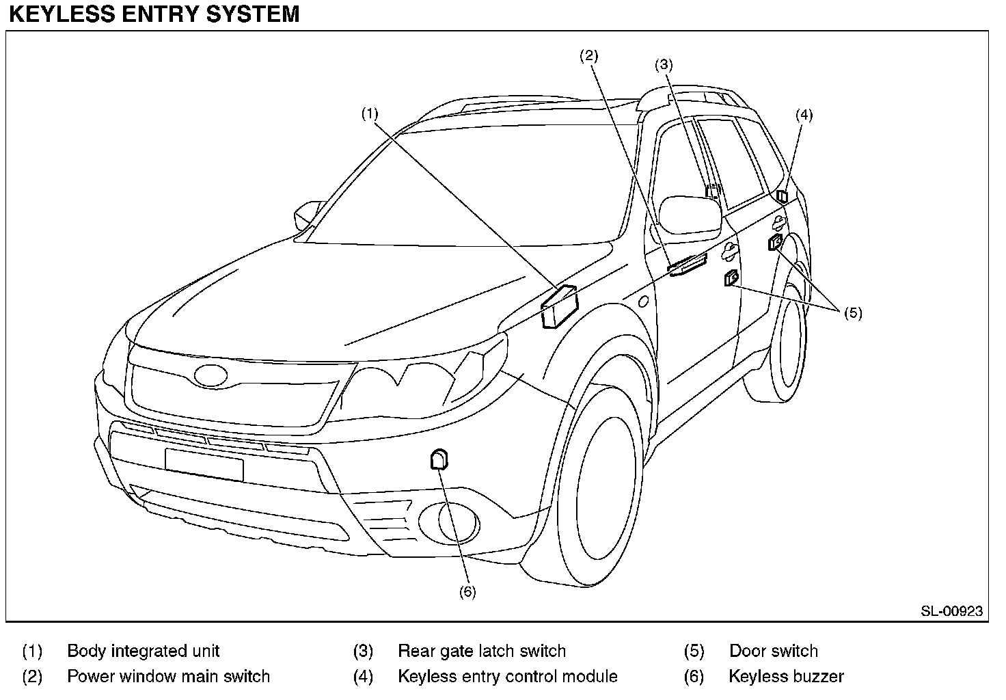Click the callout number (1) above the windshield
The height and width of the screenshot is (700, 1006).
coord(370,113)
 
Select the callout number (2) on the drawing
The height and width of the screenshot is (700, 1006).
coord(589,56)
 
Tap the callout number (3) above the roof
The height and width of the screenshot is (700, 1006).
coord(664,65)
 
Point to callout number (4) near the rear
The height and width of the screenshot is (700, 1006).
coord(804,115)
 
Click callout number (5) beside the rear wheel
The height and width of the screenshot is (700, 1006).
coord(853,313)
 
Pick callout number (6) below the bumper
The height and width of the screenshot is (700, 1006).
coord(467,592)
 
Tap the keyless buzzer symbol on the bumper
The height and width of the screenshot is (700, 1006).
coord(439,459)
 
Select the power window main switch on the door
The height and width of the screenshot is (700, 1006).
coord(686,265)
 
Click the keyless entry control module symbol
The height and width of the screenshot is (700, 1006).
coord(783,196)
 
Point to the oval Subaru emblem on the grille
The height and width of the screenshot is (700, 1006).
coord(210,375)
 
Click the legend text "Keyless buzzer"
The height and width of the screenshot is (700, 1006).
coord(786,677)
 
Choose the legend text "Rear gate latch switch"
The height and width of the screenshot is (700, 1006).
coord(482,651)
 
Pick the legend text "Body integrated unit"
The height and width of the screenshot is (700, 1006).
coord(144,651)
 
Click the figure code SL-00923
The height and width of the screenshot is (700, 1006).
coord(951,611)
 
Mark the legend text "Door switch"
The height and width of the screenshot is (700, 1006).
coord(773,651)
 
